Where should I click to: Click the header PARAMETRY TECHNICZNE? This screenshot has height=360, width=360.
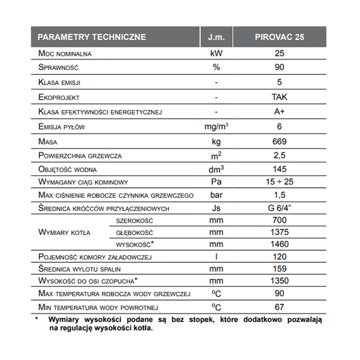92,37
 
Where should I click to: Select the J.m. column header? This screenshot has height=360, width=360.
215,37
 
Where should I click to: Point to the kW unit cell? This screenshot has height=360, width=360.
215,53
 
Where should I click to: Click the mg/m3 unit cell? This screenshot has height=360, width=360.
215,126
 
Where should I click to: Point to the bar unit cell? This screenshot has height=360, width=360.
215,196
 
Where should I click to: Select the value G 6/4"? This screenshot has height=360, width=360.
279,208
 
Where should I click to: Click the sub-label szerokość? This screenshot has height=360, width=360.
134,221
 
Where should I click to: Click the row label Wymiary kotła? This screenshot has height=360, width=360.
65,232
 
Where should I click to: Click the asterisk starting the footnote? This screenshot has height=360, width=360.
37,319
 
